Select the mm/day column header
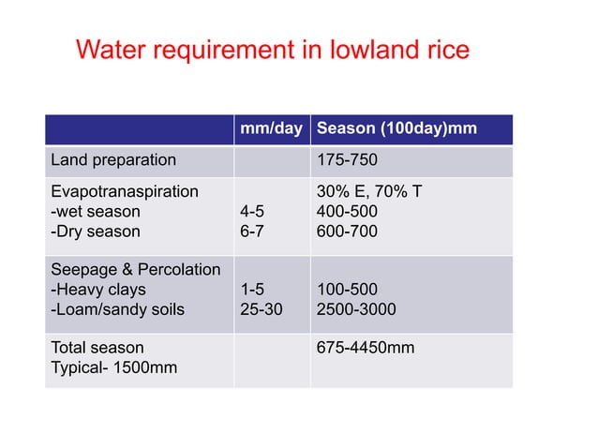(x=271, y=129)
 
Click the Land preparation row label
(x=112, y=160)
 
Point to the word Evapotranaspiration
(x=124, y=192)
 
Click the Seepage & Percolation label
(x=135, y=270)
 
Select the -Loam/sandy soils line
(x=117, y=308)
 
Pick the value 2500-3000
(x=356, y=308)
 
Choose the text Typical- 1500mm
(x=113, y=368)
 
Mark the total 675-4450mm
(x=366, y=349)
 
